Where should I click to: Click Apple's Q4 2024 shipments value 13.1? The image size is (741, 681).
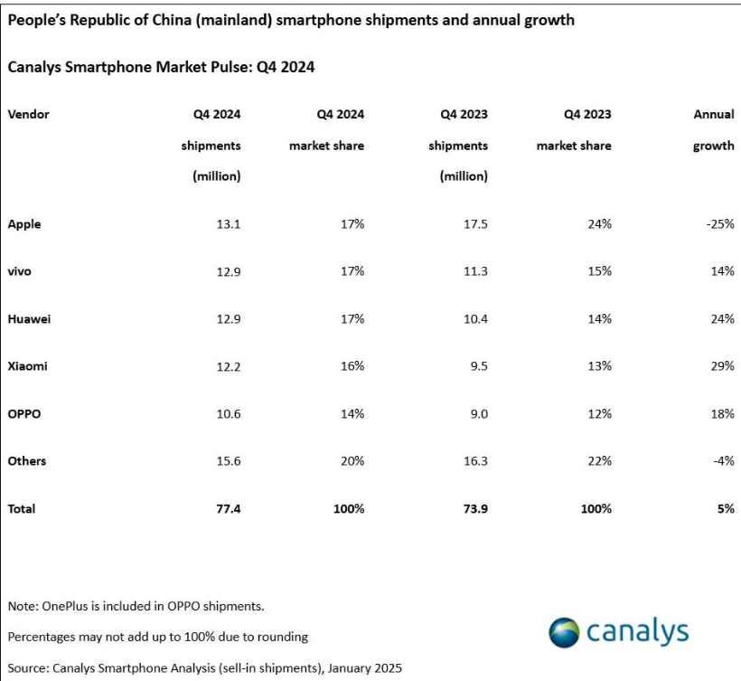(227, 224)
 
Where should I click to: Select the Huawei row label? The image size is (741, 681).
(29, 319)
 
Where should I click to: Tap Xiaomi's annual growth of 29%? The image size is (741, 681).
(721, 366)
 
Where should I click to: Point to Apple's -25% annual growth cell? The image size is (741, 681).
(719, 224)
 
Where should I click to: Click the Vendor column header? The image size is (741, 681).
(28, 114)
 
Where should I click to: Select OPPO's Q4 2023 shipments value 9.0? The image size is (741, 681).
(476, 414)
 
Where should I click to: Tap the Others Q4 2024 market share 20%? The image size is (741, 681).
(352, 461)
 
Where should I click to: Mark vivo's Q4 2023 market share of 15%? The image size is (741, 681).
(598, 271)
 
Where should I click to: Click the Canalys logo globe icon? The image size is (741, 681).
(565, 632)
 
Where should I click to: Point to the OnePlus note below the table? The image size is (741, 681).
(136, 605)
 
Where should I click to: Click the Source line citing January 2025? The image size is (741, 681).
(204, 667)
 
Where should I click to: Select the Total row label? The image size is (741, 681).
(22, 509)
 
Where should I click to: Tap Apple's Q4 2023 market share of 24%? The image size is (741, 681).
(598, 224)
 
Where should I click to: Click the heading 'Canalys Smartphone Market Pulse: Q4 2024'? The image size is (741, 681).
(161, 67)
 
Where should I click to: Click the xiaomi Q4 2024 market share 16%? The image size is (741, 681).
(352, 366)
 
